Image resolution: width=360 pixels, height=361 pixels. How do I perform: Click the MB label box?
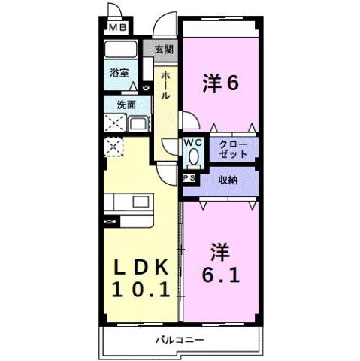[116, 29]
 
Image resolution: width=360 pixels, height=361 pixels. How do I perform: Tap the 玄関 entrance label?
[165, 50]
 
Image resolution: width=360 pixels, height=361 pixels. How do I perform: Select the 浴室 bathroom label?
[118, 73]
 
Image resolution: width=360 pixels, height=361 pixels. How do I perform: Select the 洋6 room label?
[220, 83]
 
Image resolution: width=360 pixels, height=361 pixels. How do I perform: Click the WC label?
[193, 141]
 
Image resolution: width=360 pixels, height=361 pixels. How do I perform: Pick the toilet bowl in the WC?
[194, 157]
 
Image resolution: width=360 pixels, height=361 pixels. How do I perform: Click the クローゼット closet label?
[231, 148]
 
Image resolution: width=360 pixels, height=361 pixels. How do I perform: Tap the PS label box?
[188, 178]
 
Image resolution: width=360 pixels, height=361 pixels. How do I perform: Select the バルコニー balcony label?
[180, 340]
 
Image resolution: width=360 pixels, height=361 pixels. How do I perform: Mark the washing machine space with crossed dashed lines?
[116, 123]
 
